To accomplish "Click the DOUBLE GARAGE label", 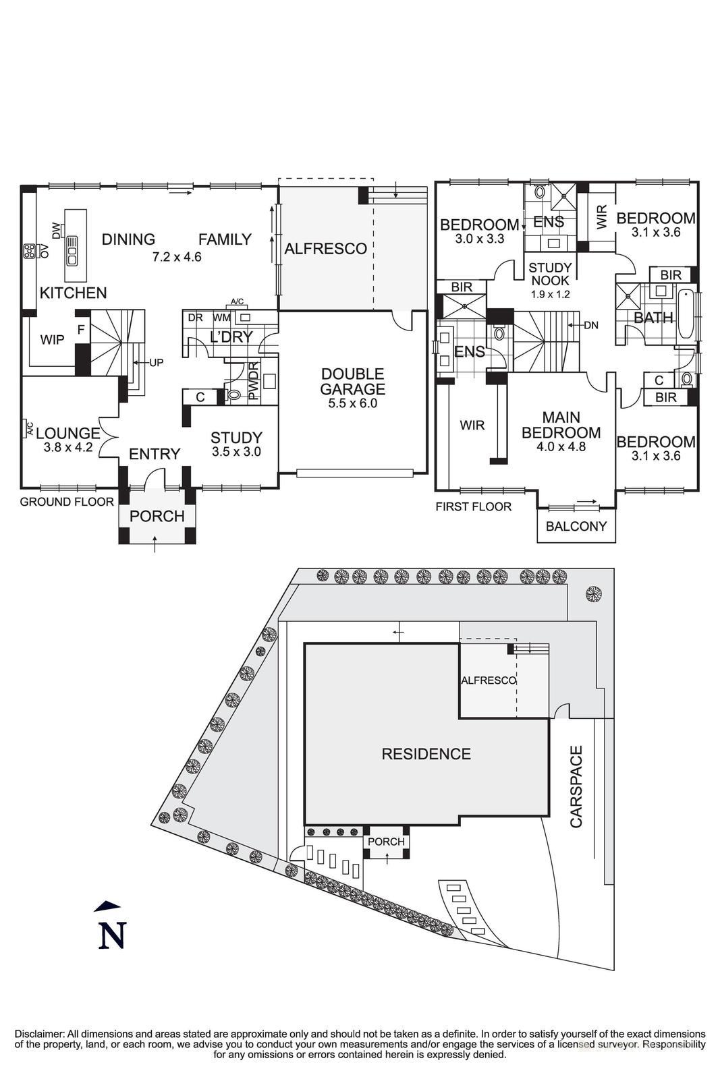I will [x=352, y=382].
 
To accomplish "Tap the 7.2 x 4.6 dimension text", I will [x=177, y=256].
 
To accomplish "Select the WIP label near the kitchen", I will [x=52, y=340].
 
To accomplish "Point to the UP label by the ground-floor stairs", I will [x=156, y=363].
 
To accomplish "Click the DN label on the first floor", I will [x=591, y=326].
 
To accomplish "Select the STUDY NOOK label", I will [x=550, y=274].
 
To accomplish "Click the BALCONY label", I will [x=576, y=526].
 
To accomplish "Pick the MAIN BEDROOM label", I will [x=561, y=425].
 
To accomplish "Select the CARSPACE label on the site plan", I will [x=576, y=786].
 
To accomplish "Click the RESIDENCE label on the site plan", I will [x=426, y=754].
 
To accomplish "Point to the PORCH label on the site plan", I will [x=386, y=842].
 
